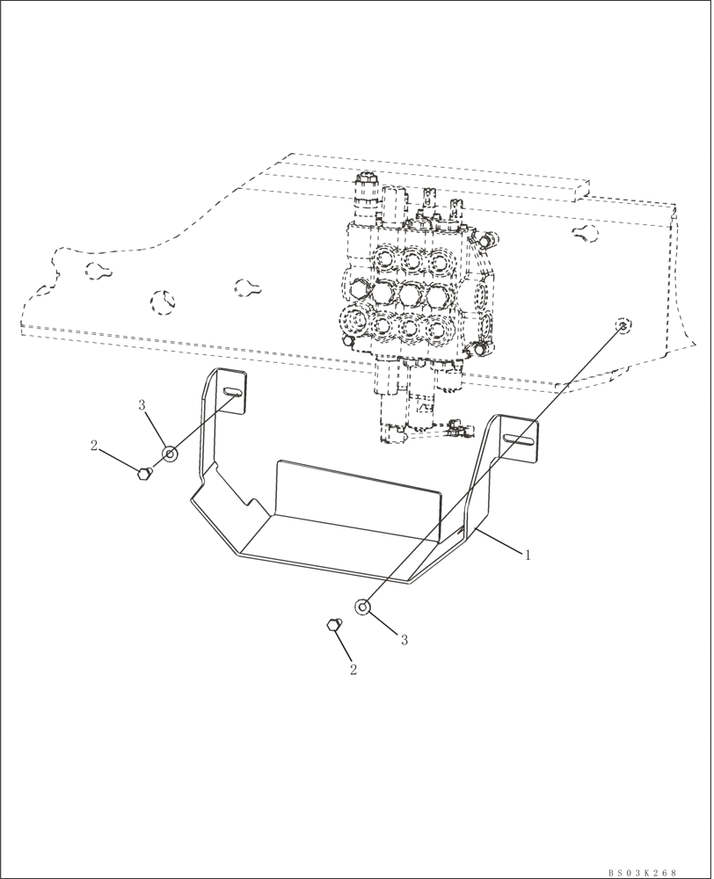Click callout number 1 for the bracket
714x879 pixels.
coord(528,556)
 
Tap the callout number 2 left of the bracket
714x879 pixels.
coord(94,446)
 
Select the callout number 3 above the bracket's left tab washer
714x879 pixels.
coord(141,405)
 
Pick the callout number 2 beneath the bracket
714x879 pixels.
coord(353,669)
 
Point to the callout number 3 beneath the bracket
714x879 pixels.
coord(404,640)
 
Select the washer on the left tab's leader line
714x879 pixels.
coord(169,454)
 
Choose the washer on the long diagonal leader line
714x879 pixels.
coord(361,607)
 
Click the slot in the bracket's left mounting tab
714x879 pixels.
coord(234,392)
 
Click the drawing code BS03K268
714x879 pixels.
coord(642,872)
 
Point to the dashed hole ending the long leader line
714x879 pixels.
coord(623,326)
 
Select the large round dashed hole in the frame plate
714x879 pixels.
coord(163,303)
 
